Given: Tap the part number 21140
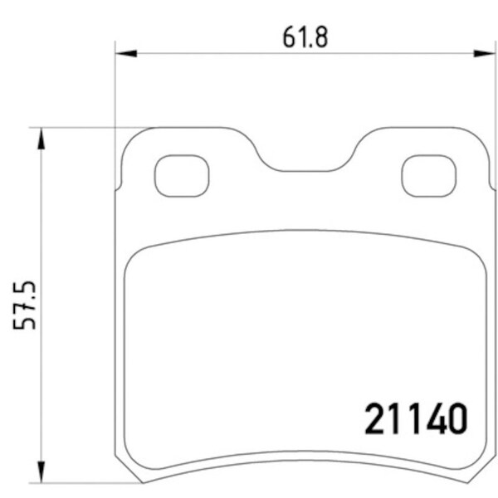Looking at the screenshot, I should (x=415, y=419).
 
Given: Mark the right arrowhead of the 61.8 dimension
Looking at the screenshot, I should (x=486, y=53).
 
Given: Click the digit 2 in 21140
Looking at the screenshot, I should (x=376, y=419).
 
